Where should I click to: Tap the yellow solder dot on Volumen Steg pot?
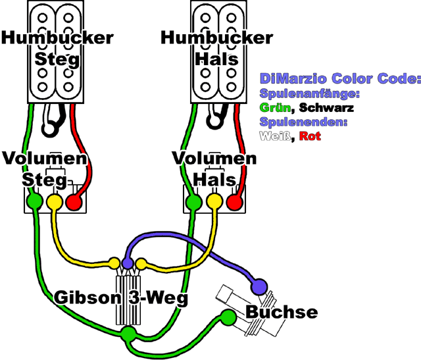coord(55,200)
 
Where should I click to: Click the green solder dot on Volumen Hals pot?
coord(193,201)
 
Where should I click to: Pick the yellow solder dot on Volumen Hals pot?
coord(212,201)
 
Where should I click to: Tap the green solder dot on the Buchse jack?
coord(229,317)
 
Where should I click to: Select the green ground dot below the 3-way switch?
coord(127,334)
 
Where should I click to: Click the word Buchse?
coord(281,312)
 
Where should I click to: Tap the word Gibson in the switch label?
coord(87,297)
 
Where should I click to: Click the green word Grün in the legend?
coord(275,107)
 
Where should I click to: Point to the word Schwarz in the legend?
coord(325,107)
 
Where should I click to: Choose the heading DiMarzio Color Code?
coord(339,78)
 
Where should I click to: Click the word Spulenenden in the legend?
coord(303,122)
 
